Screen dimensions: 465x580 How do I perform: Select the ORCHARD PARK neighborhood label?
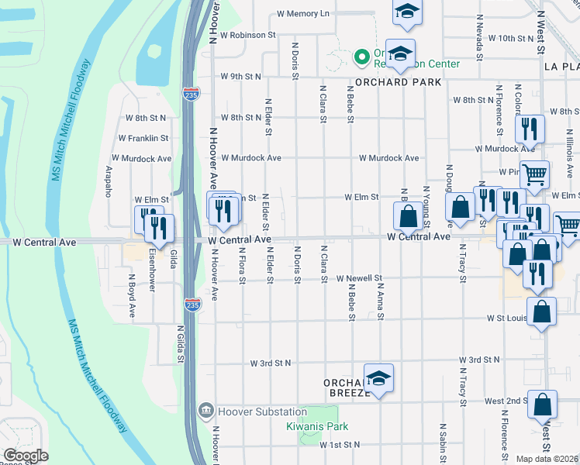399,82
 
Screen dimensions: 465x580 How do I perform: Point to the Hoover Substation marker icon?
205,409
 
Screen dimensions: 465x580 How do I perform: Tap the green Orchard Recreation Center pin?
361,57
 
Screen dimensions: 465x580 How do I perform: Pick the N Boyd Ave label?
132,295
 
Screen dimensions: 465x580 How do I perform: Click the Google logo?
26,456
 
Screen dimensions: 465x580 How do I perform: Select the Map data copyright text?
547,459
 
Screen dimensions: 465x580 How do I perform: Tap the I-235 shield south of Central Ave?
191,305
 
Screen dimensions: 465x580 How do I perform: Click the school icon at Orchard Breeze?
378,378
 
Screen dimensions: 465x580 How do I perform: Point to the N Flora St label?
242,265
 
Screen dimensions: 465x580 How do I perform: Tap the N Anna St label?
381,301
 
